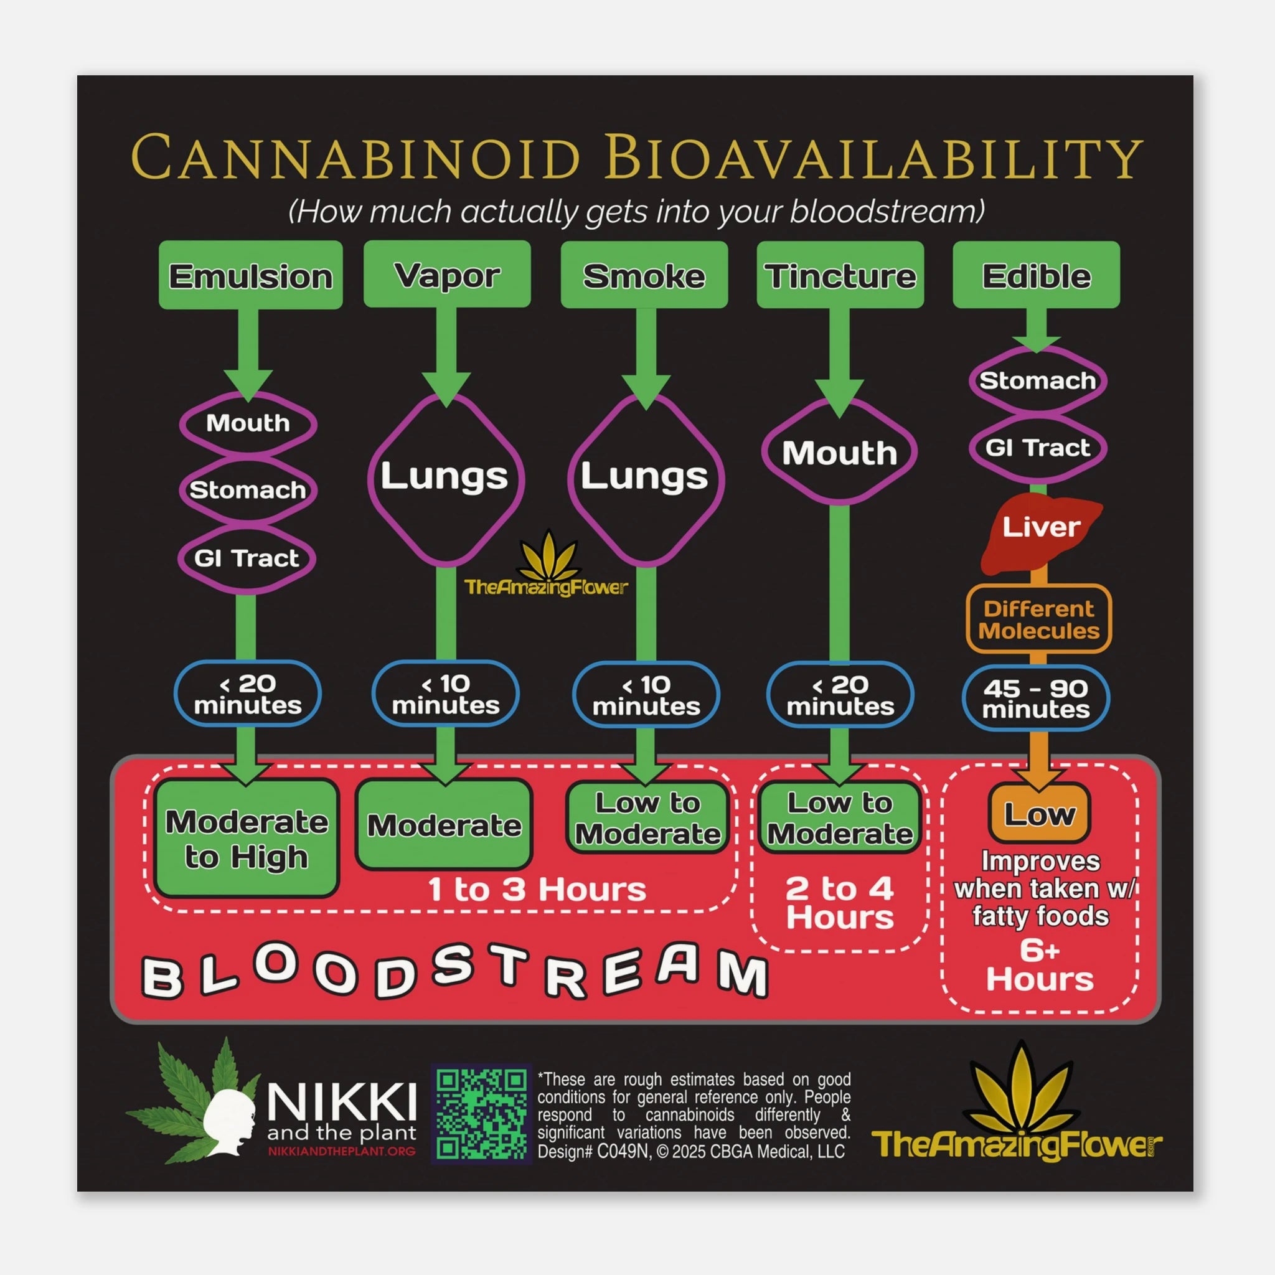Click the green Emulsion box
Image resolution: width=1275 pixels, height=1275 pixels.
point(251,275)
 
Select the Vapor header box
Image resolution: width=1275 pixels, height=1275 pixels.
point(447,275)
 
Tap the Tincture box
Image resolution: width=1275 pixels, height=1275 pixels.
point(839,275)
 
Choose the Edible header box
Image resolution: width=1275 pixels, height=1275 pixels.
point(1036,275)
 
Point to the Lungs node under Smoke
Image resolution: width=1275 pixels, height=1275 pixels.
point(645,477)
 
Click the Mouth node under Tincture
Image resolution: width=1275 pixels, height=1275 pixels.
point(839,453)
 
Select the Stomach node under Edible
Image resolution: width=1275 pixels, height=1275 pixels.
point(1037,381)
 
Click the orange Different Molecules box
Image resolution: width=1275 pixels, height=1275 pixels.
point(1039,619)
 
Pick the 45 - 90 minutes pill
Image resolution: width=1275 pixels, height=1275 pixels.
point(1035,699)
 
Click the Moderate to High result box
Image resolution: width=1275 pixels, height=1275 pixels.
point(246,839)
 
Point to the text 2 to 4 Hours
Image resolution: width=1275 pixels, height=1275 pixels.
point(839,903)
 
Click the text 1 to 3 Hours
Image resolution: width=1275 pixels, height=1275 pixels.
point(537,890)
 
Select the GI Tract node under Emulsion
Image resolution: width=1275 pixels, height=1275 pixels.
point(247,558)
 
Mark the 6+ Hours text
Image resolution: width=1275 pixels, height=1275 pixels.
point(1040,965)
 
